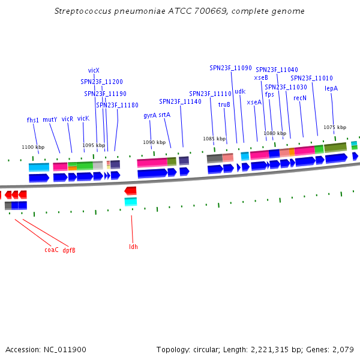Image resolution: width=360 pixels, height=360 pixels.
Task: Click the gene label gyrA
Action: click(150, 115)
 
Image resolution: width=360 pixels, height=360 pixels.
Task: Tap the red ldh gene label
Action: click(133, 247)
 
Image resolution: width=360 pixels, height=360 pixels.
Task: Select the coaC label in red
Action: click(52, 250)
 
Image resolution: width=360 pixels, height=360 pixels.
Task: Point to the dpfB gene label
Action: click(69, 250)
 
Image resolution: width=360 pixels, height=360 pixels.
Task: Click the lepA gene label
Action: click(331, 88)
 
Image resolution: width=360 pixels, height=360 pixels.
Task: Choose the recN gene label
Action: click(300, 98)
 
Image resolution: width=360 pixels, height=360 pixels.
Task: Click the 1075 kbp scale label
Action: click(335, 127)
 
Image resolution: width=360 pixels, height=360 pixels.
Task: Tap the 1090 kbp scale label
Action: click(153, 142)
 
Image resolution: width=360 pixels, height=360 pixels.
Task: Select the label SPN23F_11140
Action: click(180, 101)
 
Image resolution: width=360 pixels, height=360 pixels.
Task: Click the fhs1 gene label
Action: click(33, 120)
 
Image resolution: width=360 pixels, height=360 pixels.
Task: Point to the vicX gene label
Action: click(94, 70)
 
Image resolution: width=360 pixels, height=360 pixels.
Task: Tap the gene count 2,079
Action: click(343, 349)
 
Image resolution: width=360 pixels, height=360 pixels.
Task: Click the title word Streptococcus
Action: click(82, 11)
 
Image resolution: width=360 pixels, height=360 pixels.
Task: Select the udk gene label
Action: click(240, 92)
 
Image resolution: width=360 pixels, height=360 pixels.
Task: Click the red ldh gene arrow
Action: click(130, 191)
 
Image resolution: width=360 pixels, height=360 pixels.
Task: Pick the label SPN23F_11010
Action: click(312, 78)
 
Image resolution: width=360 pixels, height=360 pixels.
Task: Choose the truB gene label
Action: click(224, 104)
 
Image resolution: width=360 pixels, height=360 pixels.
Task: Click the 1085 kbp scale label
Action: click(214, 139)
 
